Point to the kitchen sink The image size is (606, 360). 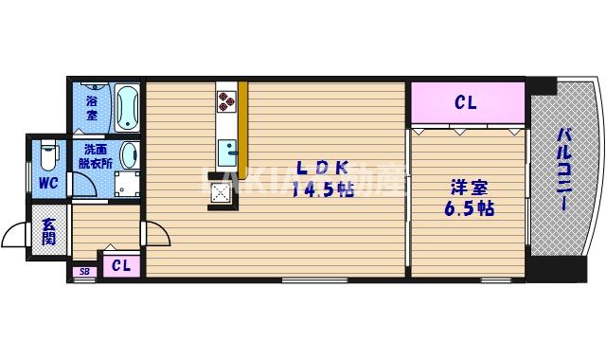click(x=227, y=153)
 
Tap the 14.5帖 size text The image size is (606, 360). click(x=323, y=189)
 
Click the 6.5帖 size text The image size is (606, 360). click(x=469, y=207)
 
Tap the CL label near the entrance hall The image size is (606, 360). click(x=120, y=266)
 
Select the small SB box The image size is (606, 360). click(x=84, y=273)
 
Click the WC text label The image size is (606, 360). click(x=47, y=183)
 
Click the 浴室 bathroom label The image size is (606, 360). click(x=92, y=106)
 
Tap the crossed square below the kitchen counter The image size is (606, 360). click(x=222, y=192)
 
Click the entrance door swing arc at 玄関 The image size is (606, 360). click(x=17, y=235)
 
